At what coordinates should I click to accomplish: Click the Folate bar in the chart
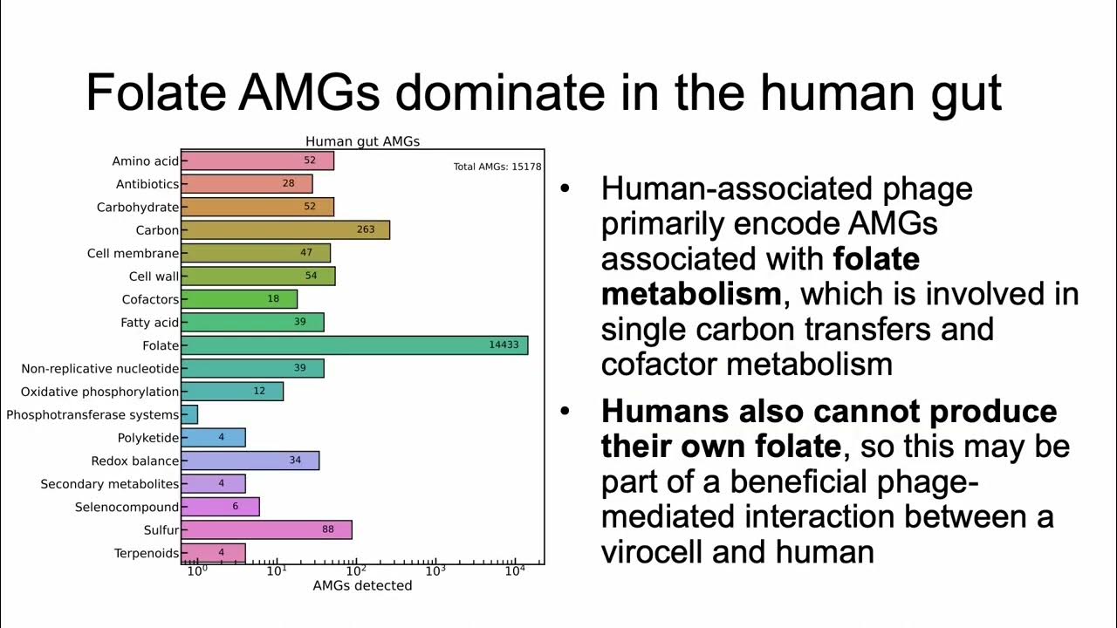tap(353, 345)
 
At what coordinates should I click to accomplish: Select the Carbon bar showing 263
tap(284, 230)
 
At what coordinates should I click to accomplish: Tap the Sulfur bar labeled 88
tap(266, 529)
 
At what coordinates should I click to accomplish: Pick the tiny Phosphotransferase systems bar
tap(189, 415)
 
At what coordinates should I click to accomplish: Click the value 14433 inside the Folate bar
tap(504, 345)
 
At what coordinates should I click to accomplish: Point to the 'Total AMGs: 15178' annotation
tap(497, 167)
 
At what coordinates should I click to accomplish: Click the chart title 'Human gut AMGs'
tap(362, 141)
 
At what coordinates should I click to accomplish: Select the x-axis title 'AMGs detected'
tap(362, 585)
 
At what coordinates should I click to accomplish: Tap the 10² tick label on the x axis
tap(355, 571)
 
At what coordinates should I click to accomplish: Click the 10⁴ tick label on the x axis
tap(515, 571)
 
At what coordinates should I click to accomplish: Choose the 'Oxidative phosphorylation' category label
tap(99, 392)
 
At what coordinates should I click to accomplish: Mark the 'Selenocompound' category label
tap(127, 507)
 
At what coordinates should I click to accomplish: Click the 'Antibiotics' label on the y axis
tap(147, 184)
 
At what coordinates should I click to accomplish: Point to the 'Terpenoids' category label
tap(146, 553)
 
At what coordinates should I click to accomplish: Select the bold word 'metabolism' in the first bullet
tap(690, 294)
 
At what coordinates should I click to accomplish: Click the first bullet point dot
tap(566, 189)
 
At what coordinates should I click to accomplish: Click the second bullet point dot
tap(566, 411)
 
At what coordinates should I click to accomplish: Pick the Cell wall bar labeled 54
tap(257, 276)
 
